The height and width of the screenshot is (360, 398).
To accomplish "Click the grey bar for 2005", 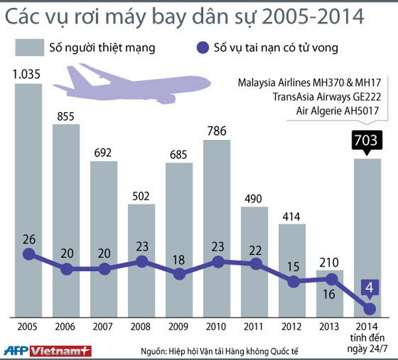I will pos(28,199).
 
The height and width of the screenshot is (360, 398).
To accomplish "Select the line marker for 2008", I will pos(141,261).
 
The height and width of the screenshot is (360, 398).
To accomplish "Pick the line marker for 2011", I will pos(255,263).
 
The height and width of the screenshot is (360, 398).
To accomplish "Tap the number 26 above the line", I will pos(28,237).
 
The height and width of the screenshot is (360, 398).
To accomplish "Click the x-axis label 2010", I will pos(217,328).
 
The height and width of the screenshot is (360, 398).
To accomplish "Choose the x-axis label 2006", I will pos(66,328).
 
